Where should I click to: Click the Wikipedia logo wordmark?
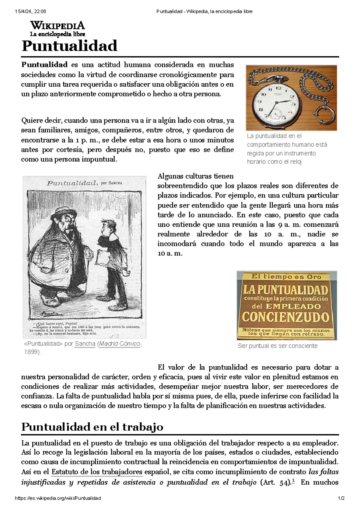tap(57, 25)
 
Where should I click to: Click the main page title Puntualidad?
tap(69, 46)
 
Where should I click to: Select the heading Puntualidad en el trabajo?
tap(92, 427)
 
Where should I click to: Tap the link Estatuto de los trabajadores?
tap(97, 472)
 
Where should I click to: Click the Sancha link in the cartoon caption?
tap(85, 344)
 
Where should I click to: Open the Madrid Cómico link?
tap(120, 344)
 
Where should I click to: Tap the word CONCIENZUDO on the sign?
tap(286, 317)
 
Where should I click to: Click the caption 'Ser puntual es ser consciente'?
tap(277, 346)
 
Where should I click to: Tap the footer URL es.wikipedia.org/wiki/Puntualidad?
tap(58, 498)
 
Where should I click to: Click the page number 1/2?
tap(341, 498)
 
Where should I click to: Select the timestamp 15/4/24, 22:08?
tap(30, 11)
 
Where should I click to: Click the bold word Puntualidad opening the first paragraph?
tap(44, 65)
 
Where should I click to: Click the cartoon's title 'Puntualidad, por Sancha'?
tap(84, 183)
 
